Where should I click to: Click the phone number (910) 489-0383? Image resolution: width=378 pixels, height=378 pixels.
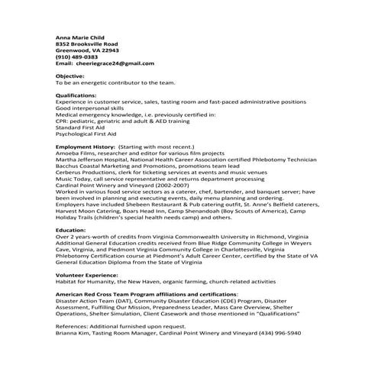click(x=76, y=57)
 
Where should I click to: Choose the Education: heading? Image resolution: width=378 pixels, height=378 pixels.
click(x=71, y=230)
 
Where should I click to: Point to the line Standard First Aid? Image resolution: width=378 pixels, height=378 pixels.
click(x=79, y=127)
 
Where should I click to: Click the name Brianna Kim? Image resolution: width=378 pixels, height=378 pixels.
click(x=73, y=334)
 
